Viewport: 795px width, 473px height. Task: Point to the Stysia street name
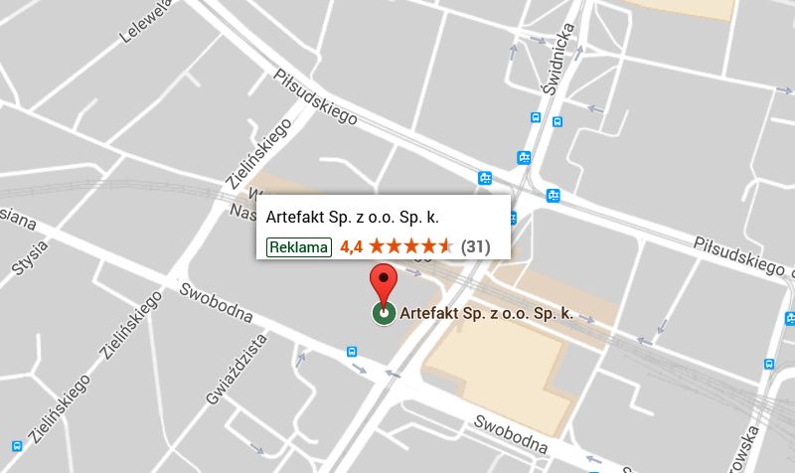pos(29,254)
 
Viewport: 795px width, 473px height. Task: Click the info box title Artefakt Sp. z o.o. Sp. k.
pos(353,218)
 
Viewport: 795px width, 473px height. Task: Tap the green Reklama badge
pos(298,246)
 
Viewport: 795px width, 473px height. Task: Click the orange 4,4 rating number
pos(350,246)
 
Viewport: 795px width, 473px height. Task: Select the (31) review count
pos(476,246)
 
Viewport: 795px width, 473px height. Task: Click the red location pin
pos(383,283)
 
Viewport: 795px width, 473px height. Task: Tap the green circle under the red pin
pos(383,314)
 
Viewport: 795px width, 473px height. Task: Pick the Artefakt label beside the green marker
pos(486,314)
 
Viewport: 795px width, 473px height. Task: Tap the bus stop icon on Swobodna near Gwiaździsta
pos(352,351)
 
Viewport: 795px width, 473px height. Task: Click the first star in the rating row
pos(377,246)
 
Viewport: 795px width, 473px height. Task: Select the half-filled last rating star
pos(446,246)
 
